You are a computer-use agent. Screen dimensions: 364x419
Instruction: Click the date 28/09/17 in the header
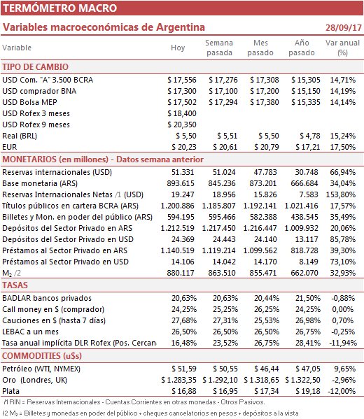coord(344,27)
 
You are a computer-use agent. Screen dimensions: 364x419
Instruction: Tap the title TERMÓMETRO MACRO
coord(60,8)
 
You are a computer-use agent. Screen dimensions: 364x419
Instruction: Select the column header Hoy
coord(178,48)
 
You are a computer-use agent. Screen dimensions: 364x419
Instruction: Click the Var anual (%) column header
coord(342,48)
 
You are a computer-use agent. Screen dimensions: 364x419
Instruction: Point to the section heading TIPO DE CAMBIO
coord(35,67)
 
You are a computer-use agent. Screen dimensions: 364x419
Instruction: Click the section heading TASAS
coord(15,285)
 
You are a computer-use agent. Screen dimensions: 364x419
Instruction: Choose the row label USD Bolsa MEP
coord(29,102)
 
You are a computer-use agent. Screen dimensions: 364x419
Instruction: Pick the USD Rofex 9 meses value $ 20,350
coord(182,125)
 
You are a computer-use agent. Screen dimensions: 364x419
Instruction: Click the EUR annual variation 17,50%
coord(342,147)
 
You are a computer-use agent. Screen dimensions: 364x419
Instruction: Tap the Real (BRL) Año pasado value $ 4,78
coord(310,136)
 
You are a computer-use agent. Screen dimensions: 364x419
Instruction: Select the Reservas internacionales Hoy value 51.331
coord(183,172)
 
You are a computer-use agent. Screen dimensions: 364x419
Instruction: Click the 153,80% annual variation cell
coord(341,194)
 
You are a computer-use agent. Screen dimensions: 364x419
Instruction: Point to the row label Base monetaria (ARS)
coord(40,183)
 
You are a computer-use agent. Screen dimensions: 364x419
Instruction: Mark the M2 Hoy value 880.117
coord(181,273)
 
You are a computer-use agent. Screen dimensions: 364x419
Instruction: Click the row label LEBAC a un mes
coord(31,332)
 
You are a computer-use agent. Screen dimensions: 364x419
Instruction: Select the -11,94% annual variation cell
coord(343,343)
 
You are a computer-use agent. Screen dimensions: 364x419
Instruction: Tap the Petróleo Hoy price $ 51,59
coord(184,369)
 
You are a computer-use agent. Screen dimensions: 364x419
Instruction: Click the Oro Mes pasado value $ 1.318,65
coord(261,380)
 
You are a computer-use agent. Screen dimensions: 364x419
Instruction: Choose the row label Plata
coord(11,391)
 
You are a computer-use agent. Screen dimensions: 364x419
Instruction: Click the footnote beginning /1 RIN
coord(134,402)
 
